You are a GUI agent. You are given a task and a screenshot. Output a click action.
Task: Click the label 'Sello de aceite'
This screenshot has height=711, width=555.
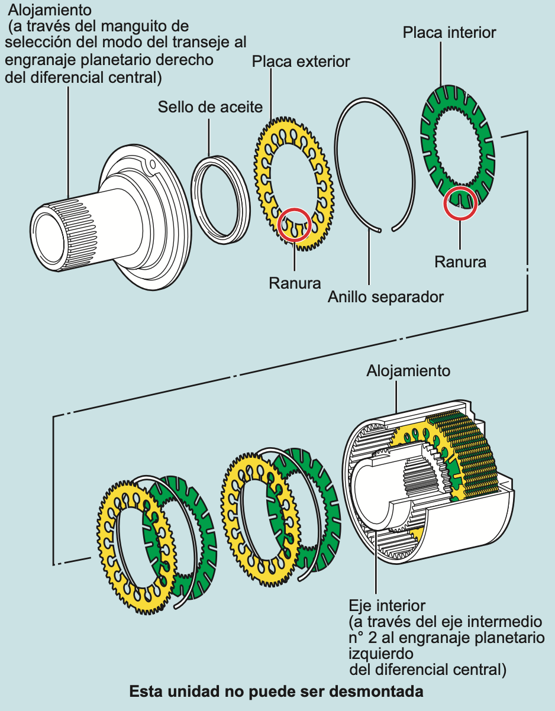tap(210, 108)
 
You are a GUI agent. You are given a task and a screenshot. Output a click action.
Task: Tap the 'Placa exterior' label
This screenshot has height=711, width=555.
tap(301, 61)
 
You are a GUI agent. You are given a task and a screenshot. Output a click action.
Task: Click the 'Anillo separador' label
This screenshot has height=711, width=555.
tap(386, 296)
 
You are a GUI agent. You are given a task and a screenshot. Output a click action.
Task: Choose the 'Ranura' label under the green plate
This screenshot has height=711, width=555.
tap(460, 261)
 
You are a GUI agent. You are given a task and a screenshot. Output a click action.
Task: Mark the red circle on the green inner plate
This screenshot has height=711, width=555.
tap(460, 203)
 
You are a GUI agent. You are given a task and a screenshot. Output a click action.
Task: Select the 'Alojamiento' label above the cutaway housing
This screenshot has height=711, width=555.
tap(408, 371)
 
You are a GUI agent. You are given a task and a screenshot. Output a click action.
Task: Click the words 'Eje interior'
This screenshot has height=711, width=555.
tap(387, 606)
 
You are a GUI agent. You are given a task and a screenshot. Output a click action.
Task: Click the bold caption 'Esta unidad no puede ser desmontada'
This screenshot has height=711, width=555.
tap(276, 691)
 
